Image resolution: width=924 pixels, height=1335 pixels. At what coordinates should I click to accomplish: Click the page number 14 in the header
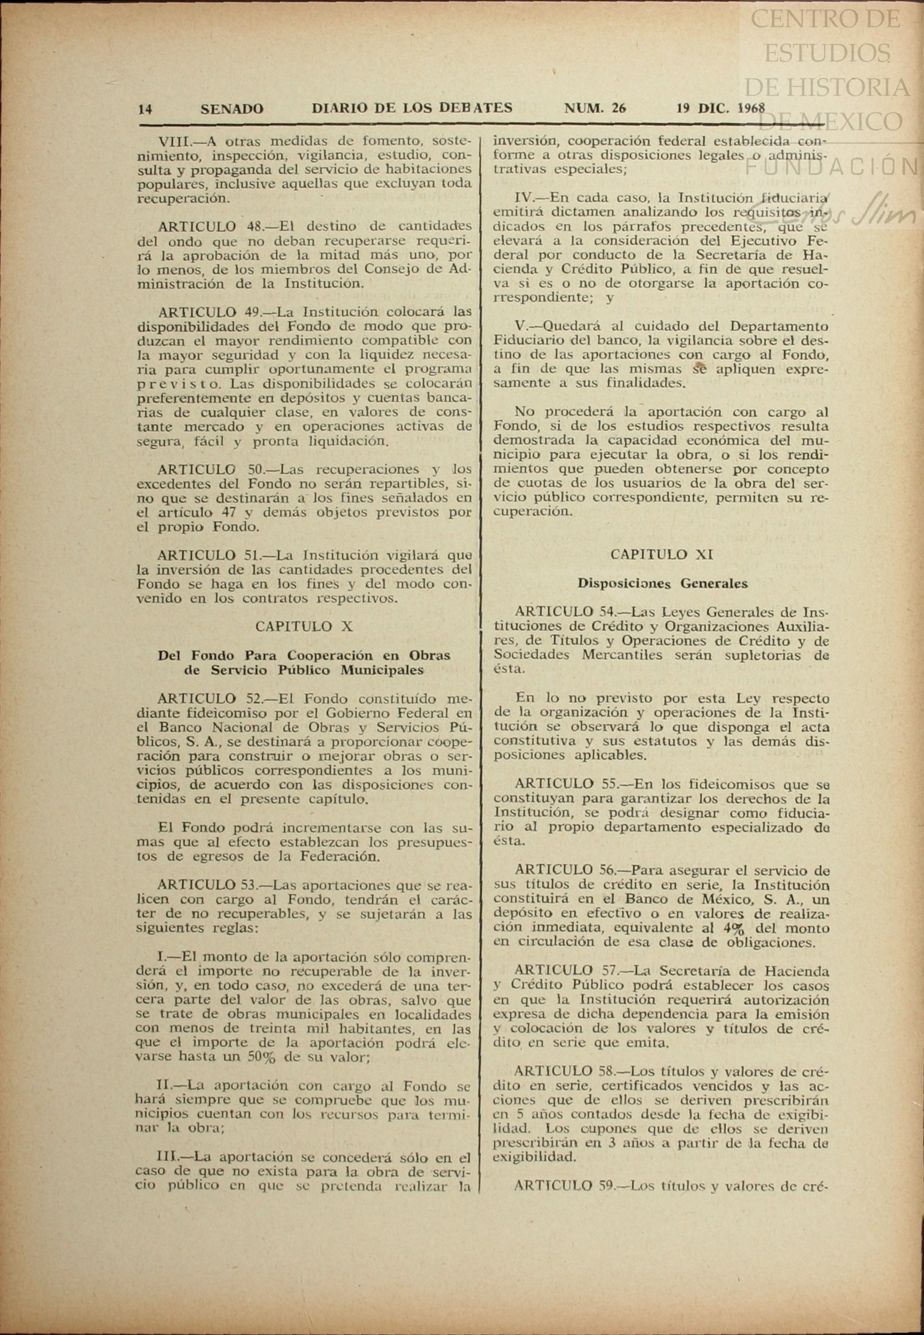pos(145,109)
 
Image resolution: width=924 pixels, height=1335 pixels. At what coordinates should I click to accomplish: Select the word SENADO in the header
pos(232,109)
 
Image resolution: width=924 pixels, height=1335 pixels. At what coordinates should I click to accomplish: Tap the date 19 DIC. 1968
pos(720,108)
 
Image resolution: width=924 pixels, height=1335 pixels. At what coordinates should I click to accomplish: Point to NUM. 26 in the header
pos(595,108)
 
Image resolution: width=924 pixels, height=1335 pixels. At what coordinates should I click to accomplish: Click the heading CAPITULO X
pos(304,626)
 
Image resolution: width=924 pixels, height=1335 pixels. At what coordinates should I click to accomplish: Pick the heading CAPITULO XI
pos(661,555)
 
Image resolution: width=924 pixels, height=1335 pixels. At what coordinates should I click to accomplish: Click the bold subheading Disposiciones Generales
pos(662,583)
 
